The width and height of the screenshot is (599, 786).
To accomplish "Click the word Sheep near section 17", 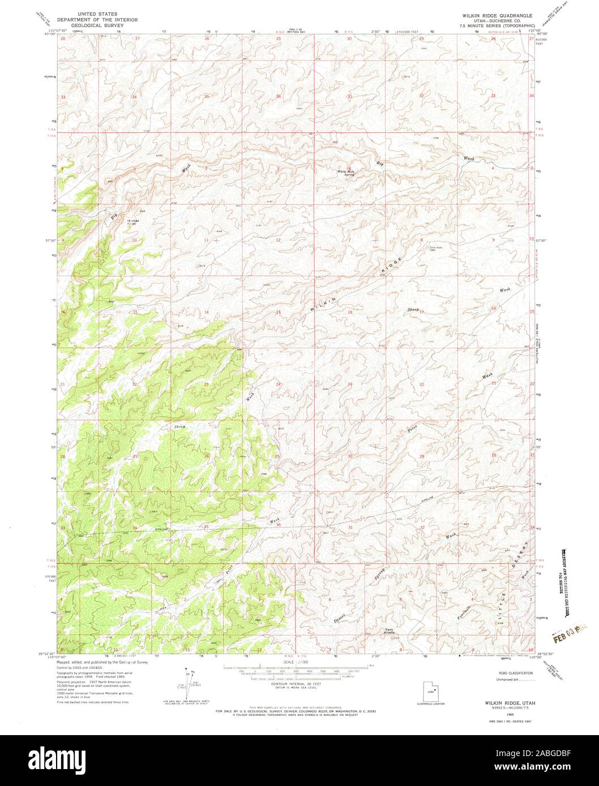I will [413, 310].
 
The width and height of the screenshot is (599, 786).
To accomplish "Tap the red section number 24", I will [278, 384].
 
